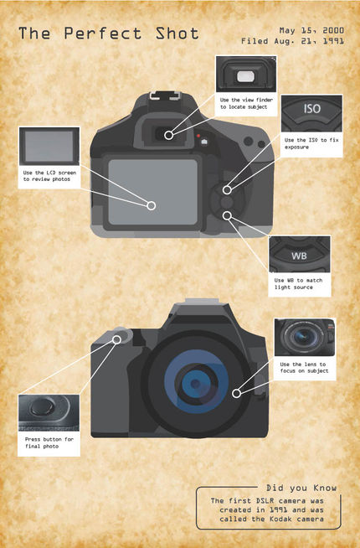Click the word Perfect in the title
click(x=103, y=34)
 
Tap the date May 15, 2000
click(x=311, y=31)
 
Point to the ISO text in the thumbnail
click(x=311, y=109)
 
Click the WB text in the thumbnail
click(x=299, y=256)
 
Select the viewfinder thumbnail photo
click(x=246, y=75)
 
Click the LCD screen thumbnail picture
click(x=49, y=146)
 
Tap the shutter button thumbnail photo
click(x=49, y=413)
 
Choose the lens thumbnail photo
click(x=305, y=337)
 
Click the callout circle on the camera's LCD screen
click(x=152, y=205)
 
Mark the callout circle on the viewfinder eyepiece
click(x=168, y=135)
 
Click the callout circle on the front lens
click(x=236, y=394)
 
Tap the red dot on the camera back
click(x=198, y=136)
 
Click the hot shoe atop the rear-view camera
click(x=166, y=96)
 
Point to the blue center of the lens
click(x=196, y=384)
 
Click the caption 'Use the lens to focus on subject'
click(x=304, y=367)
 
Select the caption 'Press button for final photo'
click(x=49, y=442)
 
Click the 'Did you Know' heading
click(x=301, y=488)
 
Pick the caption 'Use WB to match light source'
click(x=298, y=284)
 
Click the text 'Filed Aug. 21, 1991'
click(x=293, y=41)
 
